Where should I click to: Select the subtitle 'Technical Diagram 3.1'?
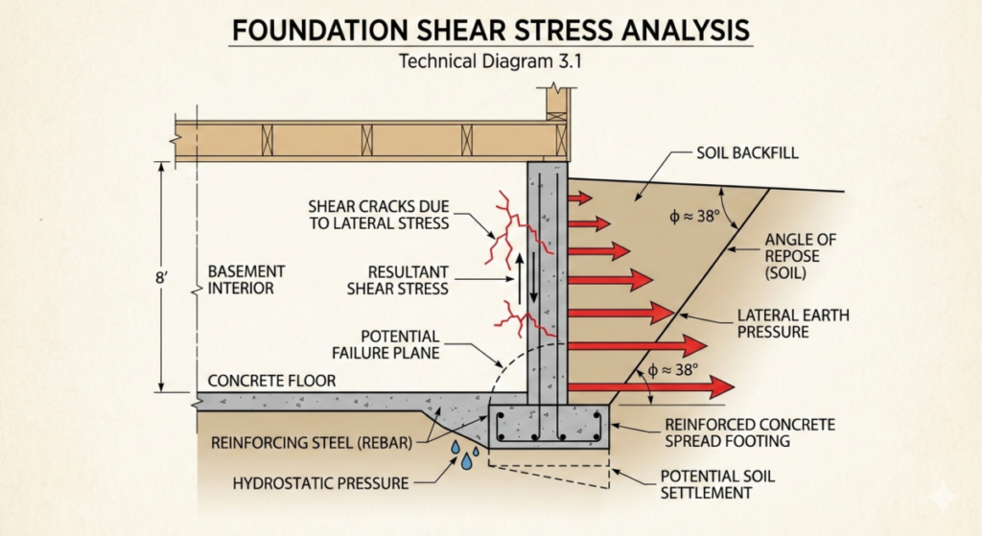[x=490, y=63]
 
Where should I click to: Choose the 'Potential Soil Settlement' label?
[x=709, y=484]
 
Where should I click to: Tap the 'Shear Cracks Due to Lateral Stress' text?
[x=379, y=215]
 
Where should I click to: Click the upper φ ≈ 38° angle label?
[x=694, y=217]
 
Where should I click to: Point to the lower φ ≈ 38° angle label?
[x=666, y=368]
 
